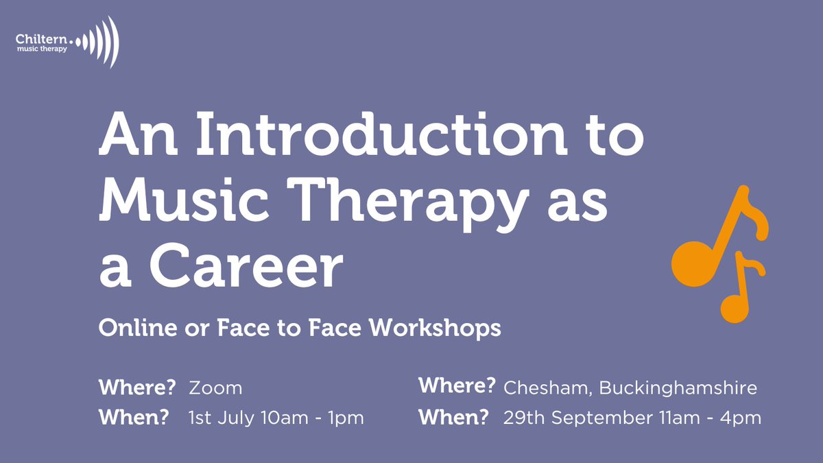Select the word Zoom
coord(215,388)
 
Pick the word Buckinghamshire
coord(678,388)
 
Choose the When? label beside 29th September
coord(454,417)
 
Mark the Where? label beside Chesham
coord(457,386)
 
